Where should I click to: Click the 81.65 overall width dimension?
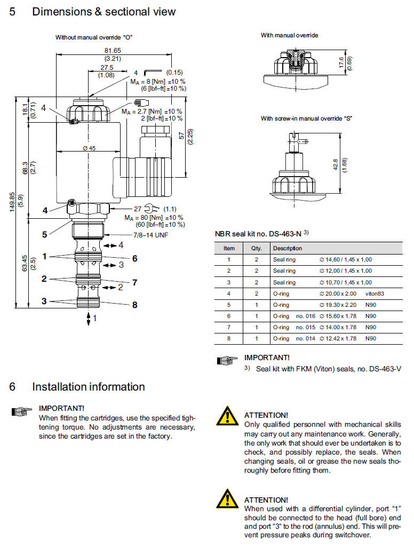click(x=113, y=51)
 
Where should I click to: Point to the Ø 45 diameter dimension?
click(x=89, y=148)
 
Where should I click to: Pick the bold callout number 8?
click(x=135, y=305)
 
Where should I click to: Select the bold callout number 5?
click(x=45, y=233)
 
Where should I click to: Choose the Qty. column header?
click(x=250, y=248)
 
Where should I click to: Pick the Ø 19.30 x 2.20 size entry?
click(x=338, y=305)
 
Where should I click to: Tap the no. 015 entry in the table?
click(x=308, y=327)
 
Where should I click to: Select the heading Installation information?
click(x=89, y=386)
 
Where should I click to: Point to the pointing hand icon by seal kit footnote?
click(x=227, y=361)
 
